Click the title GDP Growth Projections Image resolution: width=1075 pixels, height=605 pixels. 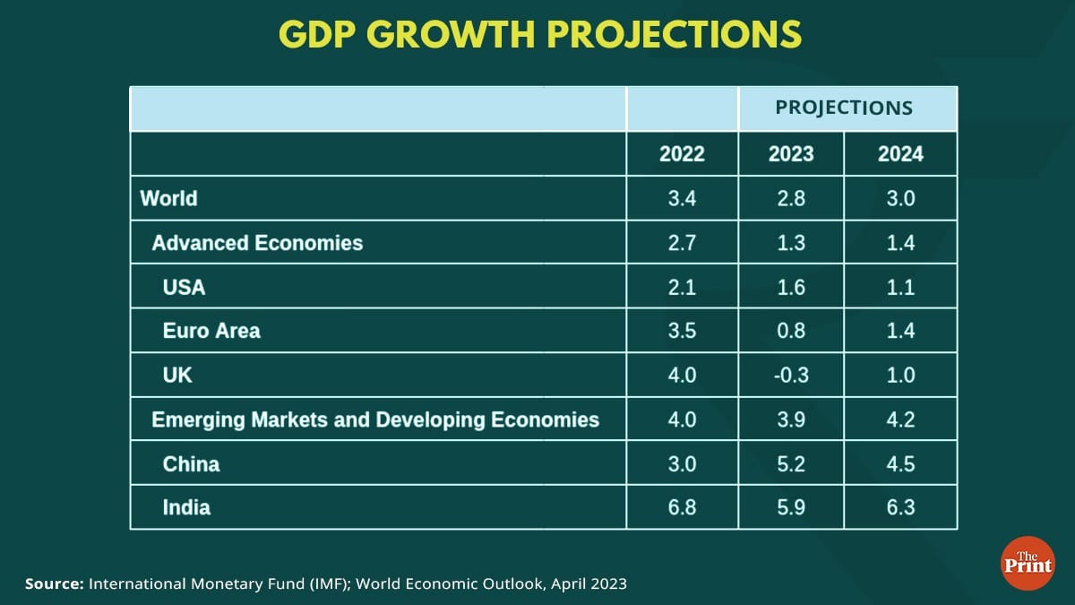pyautogui.click(x=539, y=34)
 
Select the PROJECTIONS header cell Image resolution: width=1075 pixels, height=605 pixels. pyautogui.click(x=844, y=108)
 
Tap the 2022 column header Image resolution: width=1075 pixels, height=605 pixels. pyautogui.click(x=682, y=154)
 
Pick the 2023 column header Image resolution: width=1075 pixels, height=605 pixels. pyautogui.click(x=791, y=154)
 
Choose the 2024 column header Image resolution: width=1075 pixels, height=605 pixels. pyautogui.click(x=900, y=154)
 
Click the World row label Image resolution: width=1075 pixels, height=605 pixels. pyautogui.click(x=168, y=198)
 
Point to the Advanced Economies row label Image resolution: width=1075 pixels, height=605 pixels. pyautogui.click(x=257, y=242)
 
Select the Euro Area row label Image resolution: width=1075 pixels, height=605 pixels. pyautogui.click(x=211, y=331)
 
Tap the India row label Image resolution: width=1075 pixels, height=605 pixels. pyautogui.click(x=186, y=507)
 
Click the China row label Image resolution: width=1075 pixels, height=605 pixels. pyautogui.click(x=191, y=463)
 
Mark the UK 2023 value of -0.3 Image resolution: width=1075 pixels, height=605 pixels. pyautogui.click(x=791, y=375)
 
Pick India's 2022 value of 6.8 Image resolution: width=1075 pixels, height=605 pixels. pyautogui.click(x=682, y=507)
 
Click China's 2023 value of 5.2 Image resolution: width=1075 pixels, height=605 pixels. pyautogui.click(x=791, y=463)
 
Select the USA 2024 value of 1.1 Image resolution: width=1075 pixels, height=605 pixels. pyautogui.click(x=900, y=287)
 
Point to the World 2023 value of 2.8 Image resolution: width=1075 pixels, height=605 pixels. pyautogui.click(x=791, y=198)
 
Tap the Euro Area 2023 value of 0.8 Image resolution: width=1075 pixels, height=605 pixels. pyautogui.click(x=791, y=331)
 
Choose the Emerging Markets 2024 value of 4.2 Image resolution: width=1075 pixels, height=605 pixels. pyautogui.click(x=900, y=419)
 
